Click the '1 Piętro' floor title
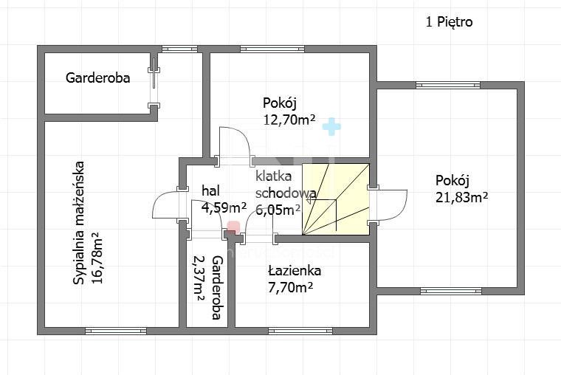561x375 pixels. (x=449, y=22)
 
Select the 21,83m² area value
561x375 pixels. (x=463, y=196)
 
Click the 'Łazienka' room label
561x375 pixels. (x=295, y=271)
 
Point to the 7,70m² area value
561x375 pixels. (x=290, y=286)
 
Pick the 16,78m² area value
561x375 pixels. (x=96, y=264)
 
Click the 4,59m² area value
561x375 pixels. (x=224, y=207)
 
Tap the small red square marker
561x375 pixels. (x=233, y=227)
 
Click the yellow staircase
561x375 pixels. (x=336, y=198)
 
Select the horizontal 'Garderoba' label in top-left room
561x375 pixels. (x=97, y=77)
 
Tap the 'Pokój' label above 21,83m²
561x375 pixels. (x=452, y=180)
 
